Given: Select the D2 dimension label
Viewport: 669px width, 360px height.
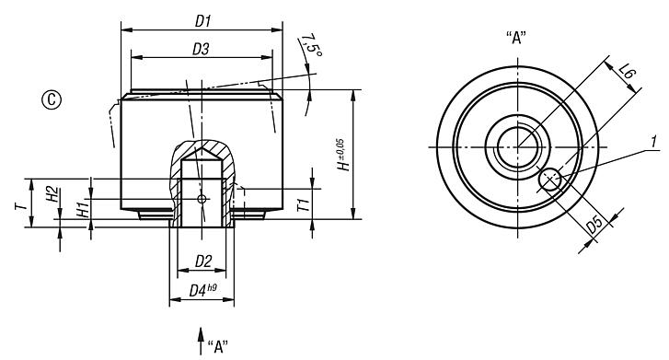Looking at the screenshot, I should (203, 262).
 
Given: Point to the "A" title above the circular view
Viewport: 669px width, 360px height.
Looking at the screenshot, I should (517, 40).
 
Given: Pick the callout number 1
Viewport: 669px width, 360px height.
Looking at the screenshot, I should (652, 144).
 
